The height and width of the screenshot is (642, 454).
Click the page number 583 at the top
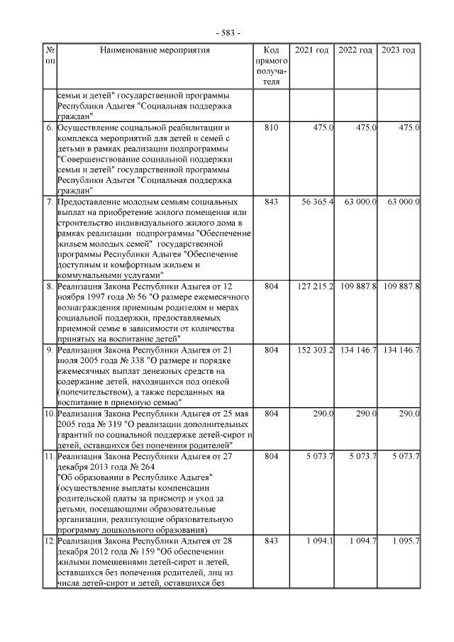[228, 33]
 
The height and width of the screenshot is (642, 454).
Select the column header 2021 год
[312, 50]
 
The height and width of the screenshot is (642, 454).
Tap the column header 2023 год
[399, 50]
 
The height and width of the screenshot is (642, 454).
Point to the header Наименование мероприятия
[155, 50]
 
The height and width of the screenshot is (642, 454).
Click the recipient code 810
[270, 128]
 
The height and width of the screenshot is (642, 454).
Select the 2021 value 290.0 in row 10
[323, 414]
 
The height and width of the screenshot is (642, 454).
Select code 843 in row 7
[270, 202]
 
